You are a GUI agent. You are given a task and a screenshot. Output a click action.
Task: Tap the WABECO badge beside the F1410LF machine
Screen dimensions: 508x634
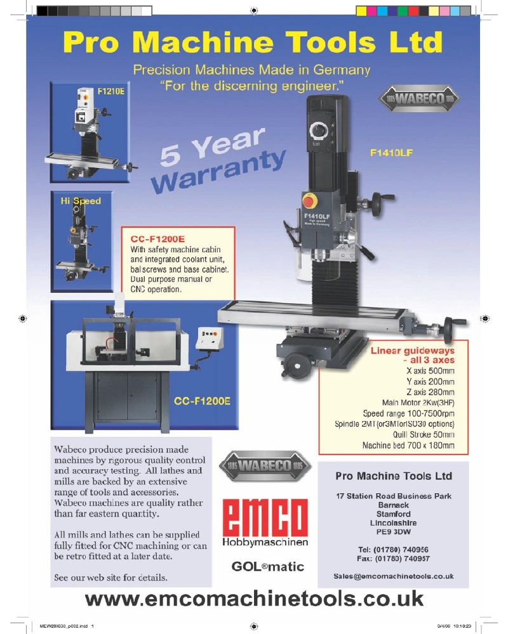point(419,98)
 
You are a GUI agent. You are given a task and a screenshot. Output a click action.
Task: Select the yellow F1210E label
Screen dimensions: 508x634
point(110,91)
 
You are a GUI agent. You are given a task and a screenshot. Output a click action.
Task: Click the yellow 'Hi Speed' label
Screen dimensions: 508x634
point(81,201)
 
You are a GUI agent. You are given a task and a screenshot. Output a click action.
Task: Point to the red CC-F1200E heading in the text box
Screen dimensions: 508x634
point(157,239)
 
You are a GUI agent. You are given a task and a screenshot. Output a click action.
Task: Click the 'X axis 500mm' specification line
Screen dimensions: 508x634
point(431,371)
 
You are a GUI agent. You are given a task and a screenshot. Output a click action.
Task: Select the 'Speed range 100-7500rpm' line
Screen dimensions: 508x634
point(408,413)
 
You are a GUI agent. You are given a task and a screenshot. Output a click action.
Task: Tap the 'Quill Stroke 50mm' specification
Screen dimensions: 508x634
point(424,435)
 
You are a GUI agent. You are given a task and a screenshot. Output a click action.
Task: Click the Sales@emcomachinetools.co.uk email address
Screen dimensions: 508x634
point(393,576)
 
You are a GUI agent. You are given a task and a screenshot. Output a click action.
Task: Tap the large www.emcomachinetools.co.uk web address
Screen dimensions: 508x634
point(255,599)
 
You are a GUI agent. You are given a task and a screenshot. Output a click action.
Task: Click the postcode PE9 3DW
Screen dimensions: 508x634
point(393,532)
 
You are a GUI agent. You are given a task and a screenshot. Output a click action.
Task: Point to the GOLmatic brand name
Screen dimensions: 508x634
point(268,566)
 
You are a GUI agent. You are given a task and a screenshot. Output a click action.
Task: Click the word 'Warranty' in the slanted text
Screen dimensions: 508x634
point(218,172)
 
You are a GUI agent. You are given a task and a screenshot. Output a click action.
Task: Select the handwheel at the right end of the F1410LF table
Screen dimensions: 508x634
point(450,329)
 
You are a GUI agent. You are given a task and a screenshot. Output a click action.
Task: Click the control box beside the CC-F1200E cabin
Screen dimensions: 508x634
point(209,338)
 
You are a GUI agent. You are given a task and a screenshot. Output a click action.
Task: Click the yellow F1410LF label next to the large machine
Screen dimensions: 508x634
point(391,153)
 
